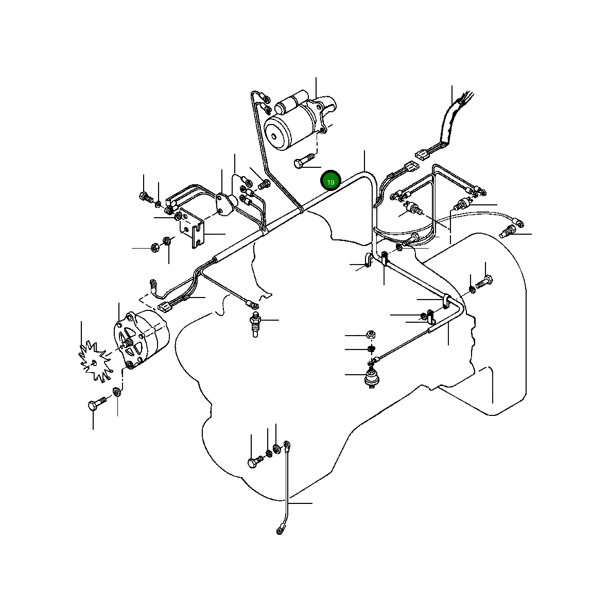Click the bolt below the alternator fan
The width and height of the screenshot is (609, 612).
[96, 405]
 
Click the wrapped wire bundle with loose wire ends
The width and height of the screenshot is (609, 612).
[449, 121]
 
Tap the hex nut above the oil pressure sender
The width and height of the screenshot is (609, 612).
[370, 335]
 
